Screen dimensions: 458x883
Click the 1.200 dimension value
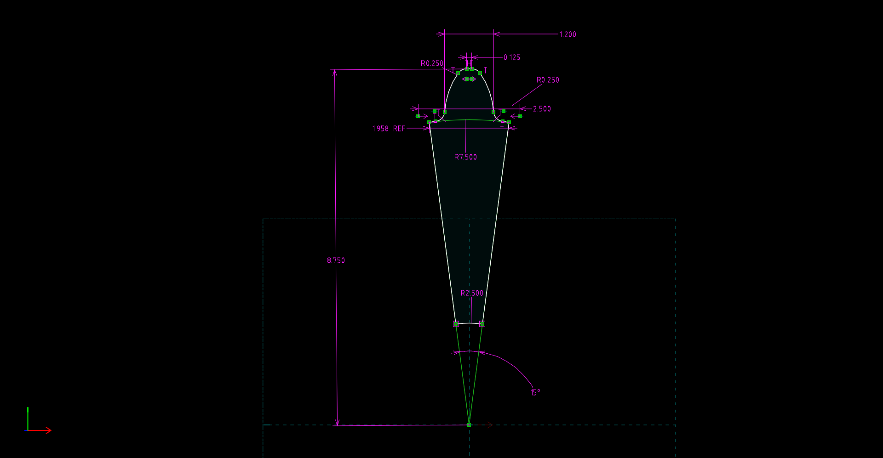point(568,34)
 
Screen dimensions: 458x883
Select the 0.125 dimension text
point(511,57)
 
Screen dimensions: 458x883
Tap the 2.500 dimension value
point(542,109)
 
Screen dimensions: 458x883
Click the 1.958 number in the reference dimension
point(380,129)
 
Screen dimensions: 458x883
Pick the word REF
point(399,129)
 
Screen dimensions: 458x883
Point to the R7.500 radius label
point(465,157)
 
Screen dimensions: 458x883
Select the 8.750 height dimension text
point(336,260)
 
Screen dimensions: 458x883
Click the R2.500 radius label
point(472,293)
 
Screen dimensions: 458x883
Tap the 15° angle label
point(535,392)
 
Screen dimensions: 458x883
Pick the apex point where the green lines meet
point(469,425)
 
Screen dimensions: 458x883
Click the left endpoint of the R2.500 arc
point(456,324)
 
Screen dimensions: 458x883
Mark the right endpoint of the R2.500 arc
point(482,324)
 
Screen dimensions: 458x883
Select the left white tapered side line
point(442,225)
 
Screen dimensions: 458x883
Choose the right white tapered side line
point(496,225)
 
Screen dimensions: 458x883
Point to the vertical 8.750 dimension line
point(336,207)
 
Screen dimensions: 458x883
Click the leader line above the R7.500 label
point(465,138)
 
